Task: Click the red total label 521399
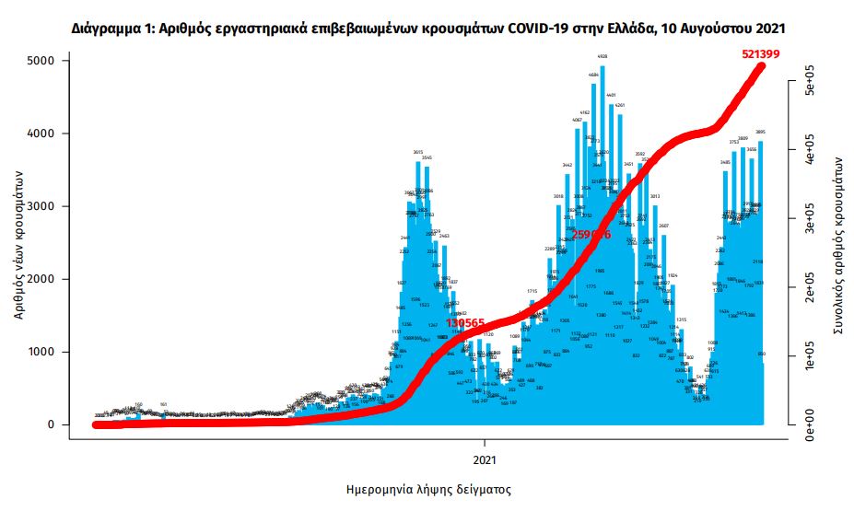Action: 760,54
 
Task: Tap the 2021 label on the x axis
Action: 486,458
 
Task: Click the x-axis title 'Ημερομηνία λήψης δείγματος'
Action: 427,489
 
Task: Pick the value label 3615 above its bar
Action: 417,152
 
